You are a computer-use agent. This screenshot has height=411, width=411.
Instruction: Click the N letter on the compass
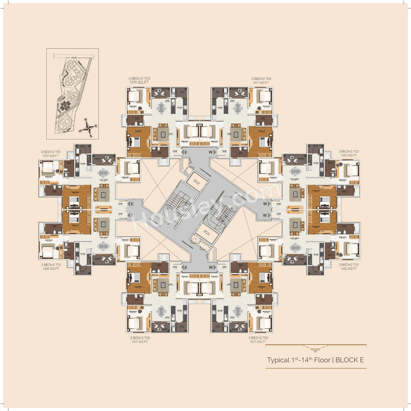[86, 120]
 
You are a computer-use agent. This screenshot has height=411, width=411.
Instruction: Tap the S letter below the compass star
[91, 136]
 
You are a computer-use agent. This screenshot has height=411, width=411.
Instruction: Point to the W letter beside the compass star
[80, 131]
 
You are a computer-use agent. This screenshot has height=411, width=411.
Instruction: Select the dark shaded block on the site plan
[66, 105]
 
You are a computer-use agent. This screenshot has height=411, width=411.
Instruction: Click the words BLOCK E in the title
[349, 360]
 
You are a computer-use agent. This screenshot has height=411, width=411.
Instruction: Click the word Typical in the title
[278, 360]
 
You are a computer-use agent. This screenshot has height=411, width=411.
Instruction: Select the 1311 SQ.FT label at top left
[139, 83]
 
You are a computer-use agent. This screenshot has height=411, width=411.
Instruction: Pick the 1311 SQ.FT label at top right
[261, 83]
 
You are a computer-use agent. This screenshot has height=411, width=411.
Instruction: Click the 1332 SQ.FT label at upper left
[50, 156]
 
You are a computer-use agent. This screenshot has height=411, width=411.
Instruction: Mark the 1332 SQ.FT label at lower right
[348, 269]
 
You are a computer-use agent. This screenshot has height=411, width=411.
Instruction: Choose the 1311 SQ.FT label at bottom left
[140, 342]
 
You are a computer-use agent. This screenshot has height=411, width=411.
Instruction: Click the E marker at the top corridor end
[185, 152]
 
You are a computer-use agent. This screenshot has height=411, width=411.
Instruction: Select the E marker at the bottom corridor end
[185, 267]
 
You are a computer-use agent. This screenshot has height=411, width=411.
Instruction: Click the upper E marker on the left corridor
[131, 204]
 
